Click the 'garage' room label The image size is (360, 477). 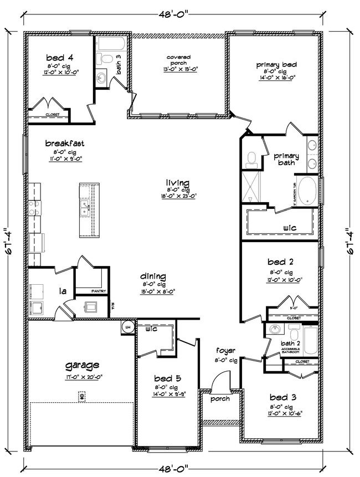click(82, 365)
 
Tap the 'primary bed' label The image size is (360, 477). click(276, 65)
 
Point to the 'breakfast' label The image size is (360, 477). click(65, 143)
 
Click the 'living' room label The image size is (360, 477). click(177, 183)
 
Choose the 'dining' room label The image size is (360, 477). click(153, 276)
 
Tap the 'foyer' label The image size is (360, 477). click(226, 351)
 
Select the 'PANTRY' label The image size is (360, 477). click(99, 291)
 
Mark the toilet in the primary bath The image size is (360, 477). click(251, 159)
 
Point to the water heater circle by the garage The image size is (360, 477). click(127, 327)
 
